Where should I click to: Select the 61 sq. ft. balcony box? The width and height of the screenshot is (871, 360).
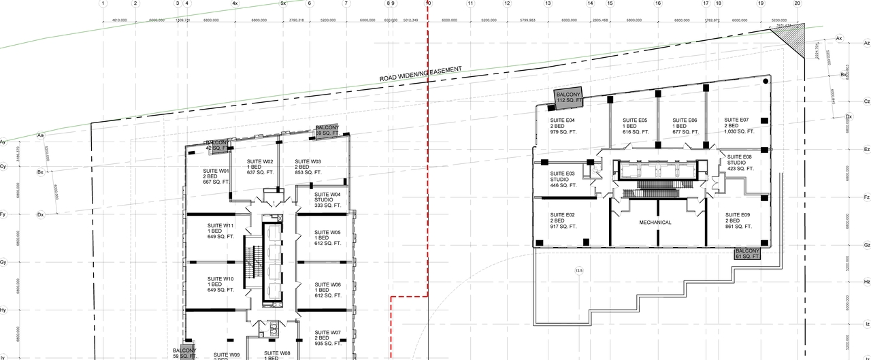pyautogui.click(x=746, y=254)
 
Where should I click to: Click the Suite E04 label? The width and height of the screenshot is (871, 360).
pyautogui.click(x=563, y=125)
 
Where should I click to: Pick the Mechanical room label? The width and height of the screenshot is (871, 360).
pyautogui.click(x=655, y=223)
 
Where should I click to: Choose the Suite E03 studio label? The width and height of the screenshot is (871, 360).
pyautogui.click(x=563, y=179)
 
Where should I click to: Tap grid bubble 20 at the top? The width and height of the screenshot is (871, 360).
pyautogui.click(x=798, y=3)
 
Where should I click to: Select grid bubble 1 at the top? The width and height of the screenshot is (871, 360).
pyautogui.click(x=103, y=3)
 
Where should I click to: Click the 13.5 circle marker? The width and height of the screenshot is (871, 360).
pyautogui.click(x=579, y=271)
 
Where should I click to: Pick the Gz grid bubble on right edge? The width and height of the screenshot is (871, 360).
pyautogui.click(x=866, y=245)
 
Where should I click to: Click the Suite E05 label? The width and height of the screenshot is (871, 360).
pyautogui.click(x=635, y=125)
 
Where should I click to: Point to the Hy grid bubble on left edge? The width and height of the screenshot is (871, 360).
pyautogui.click(x=3, y=310)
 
